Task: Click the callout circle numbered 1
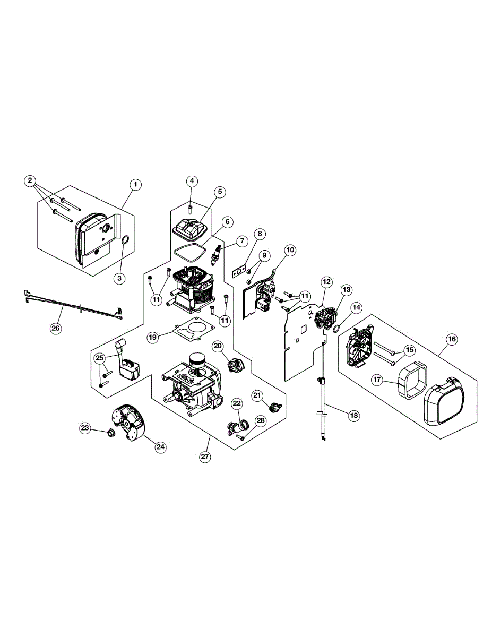tap(136, 184)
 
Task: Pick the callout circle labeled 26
tap(56, 328)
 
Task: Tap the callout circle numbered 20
tap(218, 346)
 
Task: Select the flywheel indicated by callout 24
tap(129, 423)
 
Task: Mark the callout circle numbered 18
tap(353, 416)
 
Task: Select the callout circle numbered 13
tap(347, 290)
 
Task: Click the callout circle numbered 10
tap(290, 249)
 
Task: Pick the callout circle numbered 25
tap(99, 358)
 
